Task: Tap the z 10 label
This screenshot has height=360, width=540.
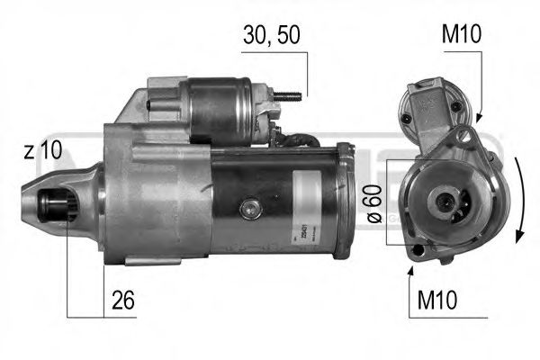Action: [42, 151]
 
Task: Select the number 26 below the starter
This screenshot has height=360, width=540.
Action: [123, 301]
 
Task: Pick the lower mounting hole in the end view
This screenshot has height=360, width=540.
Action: [416, 249]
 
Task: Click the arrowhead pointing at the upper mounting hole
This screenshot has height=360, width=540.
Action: [477, 120]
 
